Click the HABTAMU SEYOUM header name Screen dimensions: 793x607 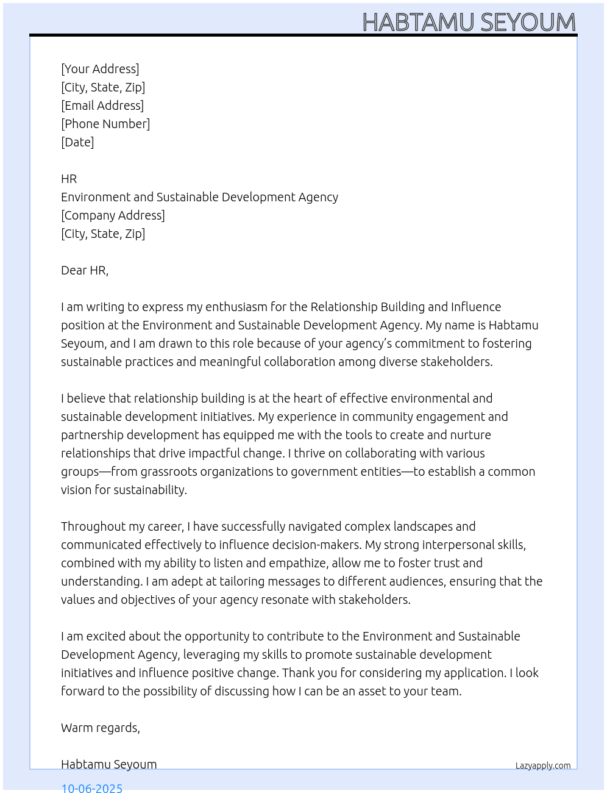point(469,23)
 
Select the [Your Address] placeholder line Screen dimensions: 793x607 point(100,69)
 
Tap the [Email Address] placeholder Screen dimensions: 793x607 point(102,106)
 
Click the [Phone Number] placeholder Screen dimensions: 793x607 point(105,124)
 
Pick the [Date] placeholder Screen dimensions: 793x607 point(77,142)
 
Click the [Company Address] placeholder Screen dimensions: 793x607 point(113,215)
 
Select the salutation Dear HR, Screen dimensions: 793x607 point(85,270)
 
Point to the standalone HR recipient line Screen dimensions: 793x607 point(69,179)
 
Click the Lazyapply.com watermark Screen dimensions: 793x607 point(543,766)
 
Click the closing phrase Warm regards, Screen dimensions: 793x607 point(101,728)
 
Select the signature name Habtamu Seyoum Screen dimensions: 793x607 point(108,764)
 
